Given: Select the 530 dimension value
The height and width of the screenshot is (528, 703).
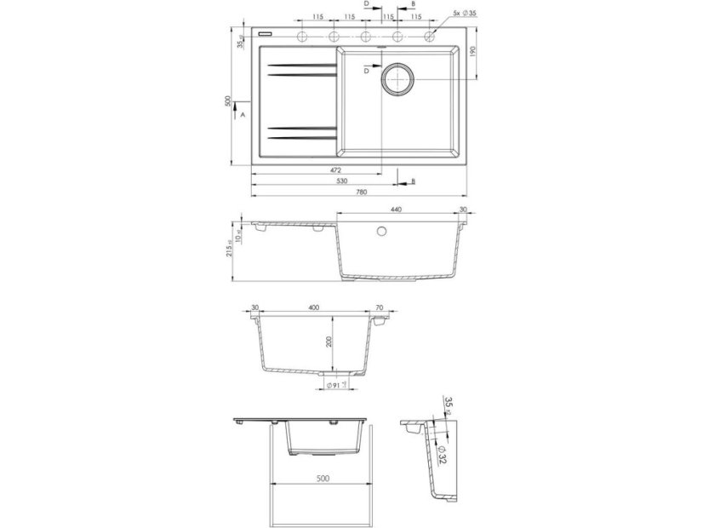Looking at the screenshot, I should pos(340,181).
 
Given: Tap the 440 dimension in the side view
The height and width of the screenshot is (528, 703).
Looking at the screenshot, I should pos(396,209).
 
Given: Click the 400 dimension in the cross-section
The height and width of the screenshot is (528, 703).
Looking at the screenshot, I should pos(315,307).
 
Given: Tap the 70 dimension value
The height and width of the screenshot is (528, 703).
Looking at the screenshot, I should pos(380,307).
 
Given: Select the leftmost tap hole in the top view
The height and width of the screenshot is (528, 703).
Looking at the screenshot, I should pos(301,36).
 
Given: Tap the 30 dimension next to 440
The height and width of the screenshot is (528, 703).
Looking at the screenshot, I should pos(463,209).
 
